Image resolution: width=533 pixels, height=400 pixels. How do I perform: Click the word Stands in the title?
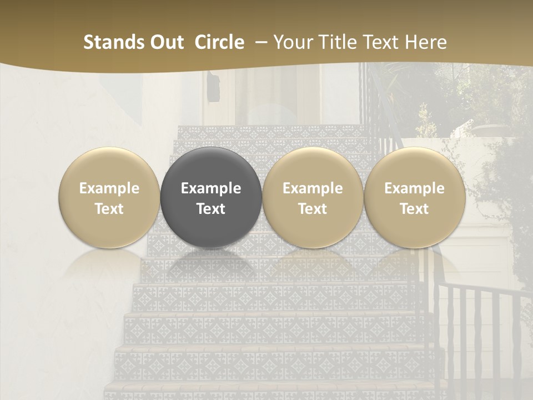[x=113, y=42]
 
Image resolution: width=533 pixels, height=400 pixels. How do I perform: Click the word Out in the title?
[x=165, y=42]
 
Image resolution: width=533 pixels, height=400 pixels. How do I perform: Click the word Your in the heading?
[x=293, y=42]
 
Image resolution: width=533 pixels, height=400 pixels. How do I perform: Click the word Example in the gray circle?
[x=211, y=188]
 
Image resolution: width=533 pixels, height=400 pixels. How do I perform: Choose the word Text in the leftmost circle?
[x=109, y=209]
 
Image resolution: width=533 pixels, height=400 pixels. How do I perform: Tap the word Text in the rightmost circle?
[x=414, y=209]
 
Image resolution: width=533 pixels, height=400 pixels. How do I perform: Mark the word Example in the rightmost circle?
[x=414, y=188]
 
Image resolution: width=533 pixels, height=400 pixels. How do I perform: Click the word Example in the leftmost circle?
[x=109, y=188]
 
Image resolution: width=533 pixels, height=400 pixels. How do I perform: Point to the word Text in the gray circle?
[x=211, y=209]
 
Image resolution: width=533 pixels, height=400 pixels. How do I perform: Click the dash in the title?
[x=259, y=42]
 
